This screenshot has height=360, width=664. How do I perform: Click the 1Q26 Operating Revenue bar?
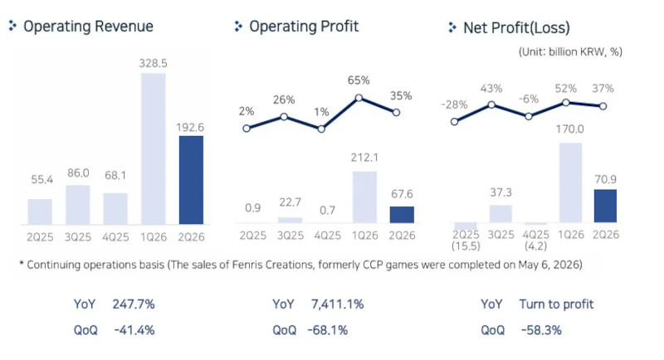154,148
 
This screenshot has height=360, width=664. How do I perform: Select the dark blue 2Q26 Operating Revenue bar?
191,180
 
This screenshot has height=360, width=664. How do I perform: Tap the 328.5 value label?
154,63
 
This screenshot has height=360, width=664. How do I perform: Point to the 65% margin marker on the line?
359,98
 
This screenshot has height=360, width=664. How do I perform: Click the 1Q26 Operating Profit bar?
364,197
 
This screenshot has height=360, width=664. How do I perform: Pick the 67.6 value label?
402,194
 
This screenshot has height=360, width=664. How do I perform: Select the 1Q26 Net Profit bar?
570,182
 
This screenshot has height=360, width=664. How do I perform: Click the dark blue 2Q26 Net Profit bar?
605,206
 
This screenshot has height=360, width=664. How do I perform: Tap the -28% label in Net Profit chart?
454,105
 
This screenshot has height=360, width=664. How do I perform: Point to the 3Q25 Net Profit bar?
500,214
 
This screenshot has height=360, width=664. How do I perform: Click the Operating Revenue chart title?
88,27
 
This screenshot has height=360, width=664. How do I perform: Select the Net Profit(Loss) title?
516,28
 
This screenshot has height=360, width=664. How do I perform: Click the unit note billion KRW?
570,52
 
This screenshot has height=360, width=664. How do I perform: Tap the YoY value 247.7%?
134,304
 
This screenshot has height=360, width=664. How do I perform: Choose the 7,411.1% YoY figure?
338,304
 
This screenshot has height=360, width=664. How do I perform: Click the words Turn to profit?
556,304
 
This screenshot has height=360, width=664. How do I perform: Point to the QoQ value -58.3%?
541,330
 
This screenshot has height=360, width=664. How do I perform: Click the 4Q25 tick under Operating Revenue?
115,237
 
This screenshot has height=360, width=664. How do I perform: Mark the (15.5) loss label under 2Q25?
466,246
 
